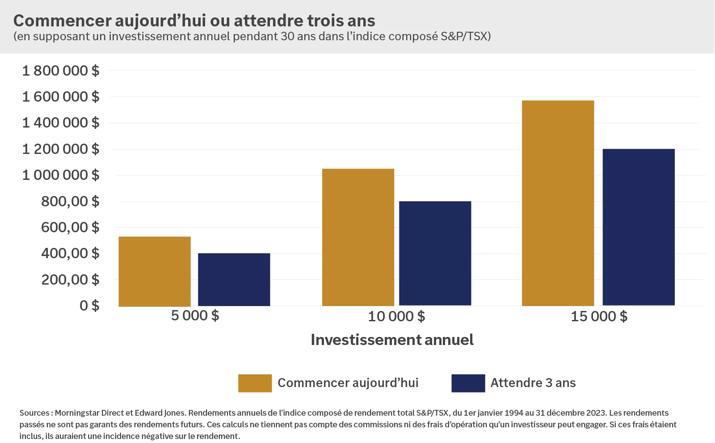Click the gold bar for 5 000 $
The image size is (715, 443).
[154, 271]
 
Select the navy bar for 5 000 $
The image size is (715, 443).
[234, 280]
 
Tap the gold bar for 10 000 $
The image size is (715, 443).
[358, 237]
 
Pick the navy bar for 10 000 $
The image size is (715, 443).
[435, 253]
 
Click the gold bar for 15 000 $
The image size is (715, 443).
[558, 203]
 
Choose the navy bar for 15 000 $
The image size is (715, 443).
[638, 227]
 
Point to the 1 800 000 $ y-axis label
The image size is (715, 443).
[61, 71]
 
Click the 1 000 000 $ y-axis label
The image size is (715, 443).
[61, 175]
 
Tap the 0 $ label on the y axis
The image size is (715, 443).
[89, 306]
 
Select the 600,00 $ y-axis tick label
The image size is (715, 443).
[70, 227]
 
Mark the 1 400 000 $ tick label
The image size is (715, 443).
[61, 123]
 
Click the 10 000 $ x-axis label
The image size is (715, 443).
[396, 316]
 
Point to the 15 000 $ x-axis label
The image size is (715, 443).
[599, 316]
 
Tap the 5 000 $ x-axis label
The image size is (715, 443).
[195, 315]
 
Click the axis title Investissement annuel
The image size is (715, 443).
[392, 340]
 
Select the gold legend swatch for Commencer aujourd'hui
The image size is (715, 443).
[255, 383]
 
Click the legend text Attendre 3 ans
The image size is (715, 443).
[533, 383]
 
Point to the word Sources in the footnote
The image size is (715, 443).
[34, 413]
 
